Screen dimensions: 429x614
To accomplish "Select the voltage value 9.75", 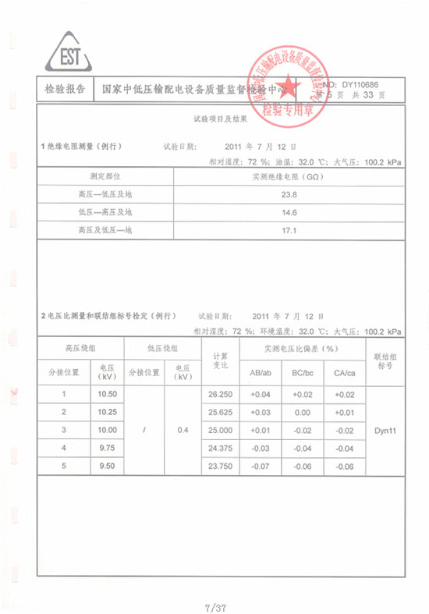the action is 107,448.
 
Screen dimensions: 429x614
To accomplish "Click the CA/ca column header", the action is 344,373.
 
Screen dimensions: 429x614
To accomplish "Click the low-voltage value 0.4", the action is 183,430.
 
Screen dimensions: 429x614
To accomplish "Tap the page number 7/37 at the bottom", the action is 214,606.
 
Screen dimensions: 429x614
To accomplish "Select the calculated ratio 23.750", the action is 221,466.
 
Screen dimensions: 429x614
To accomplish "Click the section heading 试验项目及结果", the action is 221,120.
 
